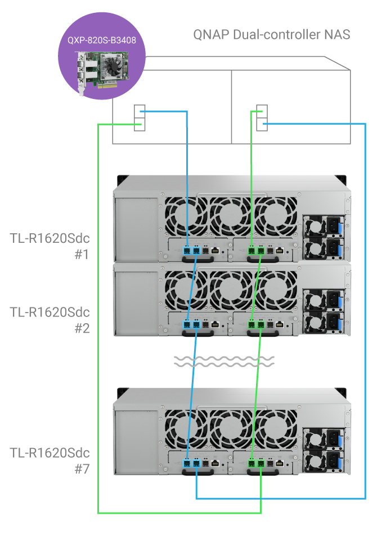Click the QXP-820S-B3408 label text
[x=102, y=40]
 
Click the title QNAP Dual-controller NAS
[x=272, y=34]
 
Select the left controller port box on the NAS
[x=140, y=118]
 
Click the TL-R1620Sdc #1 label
[x=50, y=246]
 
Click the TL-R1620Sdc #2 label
[x=50, y=320]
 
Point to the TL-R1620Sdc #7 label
[x=50, y=460]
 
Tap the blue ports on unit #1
[x=192, y=250]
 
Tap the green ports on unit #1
[x=257, y=250]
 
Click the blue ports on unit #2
[x=192, y=324]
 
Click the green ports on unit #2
[x=257, y=324]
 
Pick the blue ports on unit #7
[x=192, y=464]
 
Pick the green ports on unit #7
[x=257, y=464]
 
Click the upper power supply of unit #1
[x=324, y=226]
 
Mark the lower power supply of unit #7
[x=324, y=461]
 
